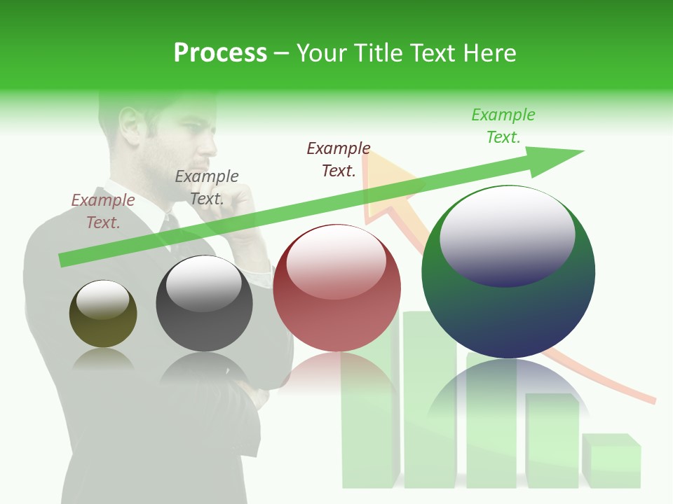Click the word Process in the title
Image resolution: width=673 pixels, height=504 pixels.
220,53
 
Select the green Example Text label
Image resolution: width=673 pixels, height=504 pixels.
503,126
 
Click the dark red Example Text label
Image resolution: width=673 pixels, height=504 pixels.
339,160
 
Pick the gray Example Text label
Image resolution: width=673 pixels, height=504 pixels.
207,188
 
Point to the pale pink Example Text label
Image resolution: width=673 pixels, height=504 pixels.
103,211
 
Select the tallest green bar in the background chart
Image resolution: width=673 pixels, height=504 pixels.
429,399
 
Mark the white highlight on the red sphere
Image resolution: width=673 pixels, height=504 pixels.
336,261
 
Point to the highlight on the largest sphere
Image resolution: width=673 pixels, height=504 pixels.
507,237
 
